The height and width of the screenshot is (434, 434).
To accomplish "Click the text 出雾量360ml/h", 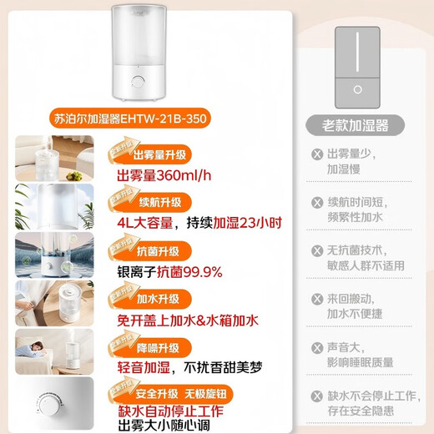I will pos(163,175).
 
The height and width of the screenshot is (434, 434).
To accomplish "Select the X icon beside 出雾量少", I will pos(316,154).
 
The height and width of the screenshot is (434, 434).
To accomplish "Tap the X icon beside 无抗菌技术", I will pos(316,250).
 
